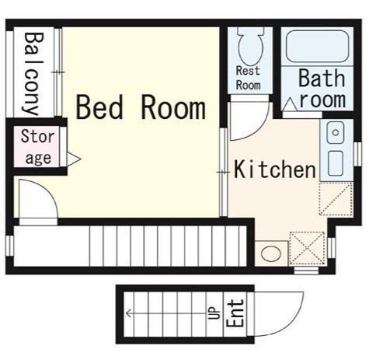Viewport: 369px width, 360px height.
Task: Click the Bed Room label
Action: [141, 107]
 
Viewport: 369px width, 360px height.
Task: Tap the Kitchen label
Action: [275, 170]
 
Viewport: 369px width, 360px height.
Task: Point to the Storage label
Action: [38, 147]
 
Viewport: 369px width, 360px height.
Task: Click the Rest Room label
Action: [248, 78]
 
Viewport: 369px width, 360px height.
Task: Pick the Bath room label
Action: [322, 88]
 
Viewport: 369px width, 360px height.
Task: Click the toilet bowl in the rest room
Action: [251, 47]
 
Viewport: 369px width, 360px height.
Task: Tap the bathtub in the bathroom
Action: [318, 47]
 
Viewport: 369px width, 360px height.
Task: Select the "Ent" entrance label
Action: [235, 313]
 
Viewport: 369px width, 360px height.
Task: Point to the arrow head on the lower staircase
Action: [128, 313]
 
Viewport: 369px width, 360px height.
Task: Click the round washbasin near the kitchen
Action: [271, 253]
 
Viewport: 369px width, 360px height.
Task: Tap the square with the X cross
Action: [307, 248]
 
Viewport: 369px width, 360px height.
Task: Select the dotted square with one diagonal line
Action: [336, 198]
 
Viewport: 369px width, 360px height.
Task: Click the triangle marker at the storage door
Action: [74, 159]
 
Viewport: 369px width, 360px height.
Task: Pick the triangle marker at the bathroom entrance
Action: [290, 105]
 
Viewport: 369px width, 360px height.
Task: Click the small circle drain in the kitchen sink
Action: [336, 133]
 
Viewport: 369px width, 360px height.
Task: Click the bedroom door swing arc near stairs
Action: [47, 190]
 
